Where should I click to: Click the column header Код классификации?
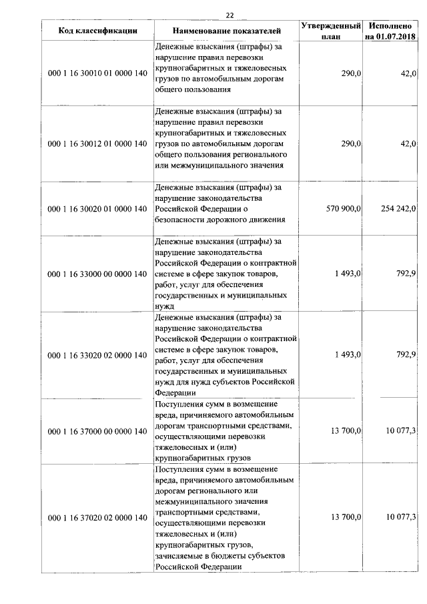coord(98,31)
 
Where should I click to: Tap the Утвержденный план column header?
coord(331,31)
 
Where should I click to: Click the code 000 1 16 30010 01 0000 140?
coord(98,72)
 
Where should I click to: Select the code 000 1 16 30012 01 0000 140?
coord(98,143)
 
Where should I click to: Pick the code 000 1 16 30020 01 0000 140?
coord(98,209)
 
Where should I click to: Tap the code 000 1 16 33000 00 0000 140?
coord(98,274)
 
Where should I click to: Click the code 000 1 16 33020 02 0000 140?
coord(98,354)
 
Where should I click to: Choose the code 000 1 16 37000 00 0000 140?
coord(98,431)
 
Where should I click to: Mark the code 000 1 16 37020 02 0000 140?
coord(98,518)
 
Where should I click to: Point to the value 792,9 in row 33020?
coord(406,354)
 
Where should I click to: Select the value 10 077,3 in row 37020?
coord(401,518)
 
